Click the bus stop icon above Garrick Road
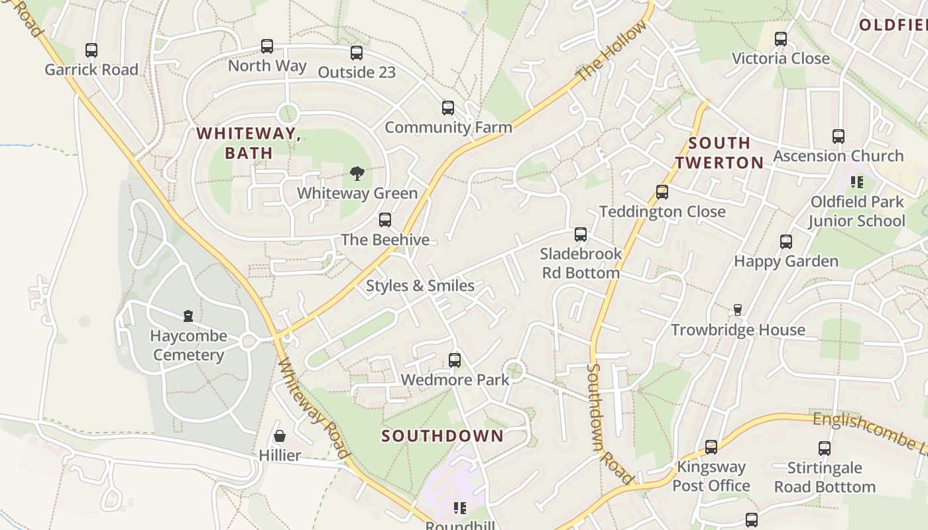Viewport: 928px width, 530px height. (91, 50)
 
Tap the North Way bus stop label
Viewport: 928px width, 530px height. (267, 66)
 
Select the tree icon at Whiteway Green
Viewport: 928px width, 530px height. (357, 174)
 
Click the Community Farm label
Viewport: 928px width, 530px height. (448, 127)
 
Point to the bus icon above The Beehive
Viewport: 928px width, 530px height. (385, 220)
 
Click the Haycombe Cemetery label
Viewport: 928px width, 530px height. (188, 345)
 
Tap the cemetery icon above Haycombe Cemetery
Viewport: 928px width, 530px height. (188, 316)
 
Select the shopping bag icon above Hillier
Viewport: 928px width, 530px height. (280, 436)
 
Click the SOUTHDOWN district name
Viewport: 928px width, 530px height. (443, 436)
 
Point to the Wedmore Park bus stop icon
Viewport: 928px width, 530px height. (455, 360)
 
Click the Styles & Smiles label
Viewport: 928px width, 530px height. (420, 286)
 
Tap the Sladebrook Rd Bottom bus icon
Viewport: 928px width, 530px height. (581, 235)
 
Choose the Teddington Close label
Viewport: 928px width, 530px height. (662, 211)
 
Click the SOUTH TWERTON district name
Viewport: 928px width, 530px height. (719, 152)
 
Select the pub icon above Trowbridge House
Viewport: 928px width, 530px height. (737, 310)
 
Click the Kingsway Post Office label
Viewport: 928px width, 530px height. (711, 476)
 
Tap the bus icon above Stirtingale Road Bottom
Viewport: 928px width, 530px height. (825, 449)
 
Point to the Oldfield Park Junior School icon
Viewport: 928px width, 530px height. (857, 182)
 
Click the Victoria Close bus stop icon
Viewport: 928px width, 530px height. (781, 39)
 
